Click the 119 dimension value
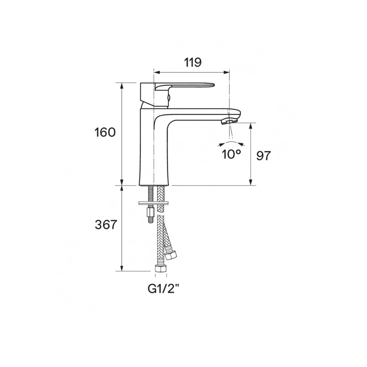(193, 62)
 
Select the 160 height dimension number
(105, 132)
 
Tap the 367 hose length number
(106, 225)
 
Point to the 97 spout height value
(263, 156)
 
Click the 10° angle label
(231, 155)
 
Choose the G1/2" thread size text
(164, 289)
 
